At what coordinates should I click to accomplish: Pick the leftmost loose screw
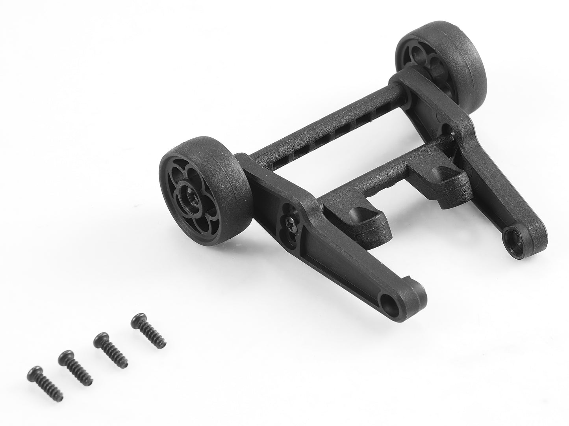pos(46,383)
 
